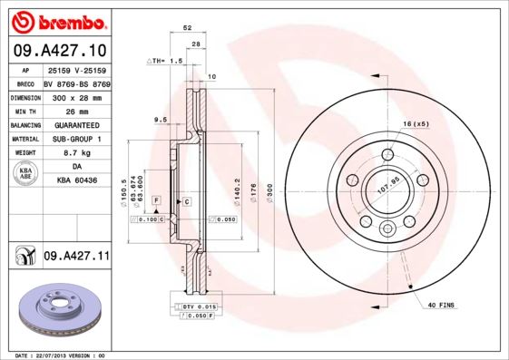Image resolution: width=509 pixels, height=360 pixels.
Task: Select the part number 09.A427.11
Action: click(x=75, y=258)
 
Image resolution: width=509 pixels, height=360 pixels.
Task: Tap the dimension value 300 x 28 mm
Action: click(x=75, y=95)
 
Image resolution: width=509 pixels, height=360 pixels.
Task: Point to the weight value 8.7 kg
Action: click(x=75, y=152)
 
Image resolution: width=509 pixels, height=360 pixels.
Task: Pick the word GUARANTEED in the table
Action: click(x=75, y=124)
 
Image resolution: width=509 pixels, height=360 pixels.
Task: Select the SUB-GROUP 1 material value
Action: click(x=75, y=138)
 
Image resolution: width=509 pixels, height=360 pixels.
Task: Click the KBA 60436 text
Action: click(x=75, y=181)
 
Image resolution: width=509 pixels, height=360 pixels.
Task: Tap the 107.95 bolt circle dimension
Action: click(x=387, y=190)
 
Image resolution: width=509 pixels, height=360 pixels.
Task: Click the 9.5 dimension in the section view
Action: click(x=160, y=119)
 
